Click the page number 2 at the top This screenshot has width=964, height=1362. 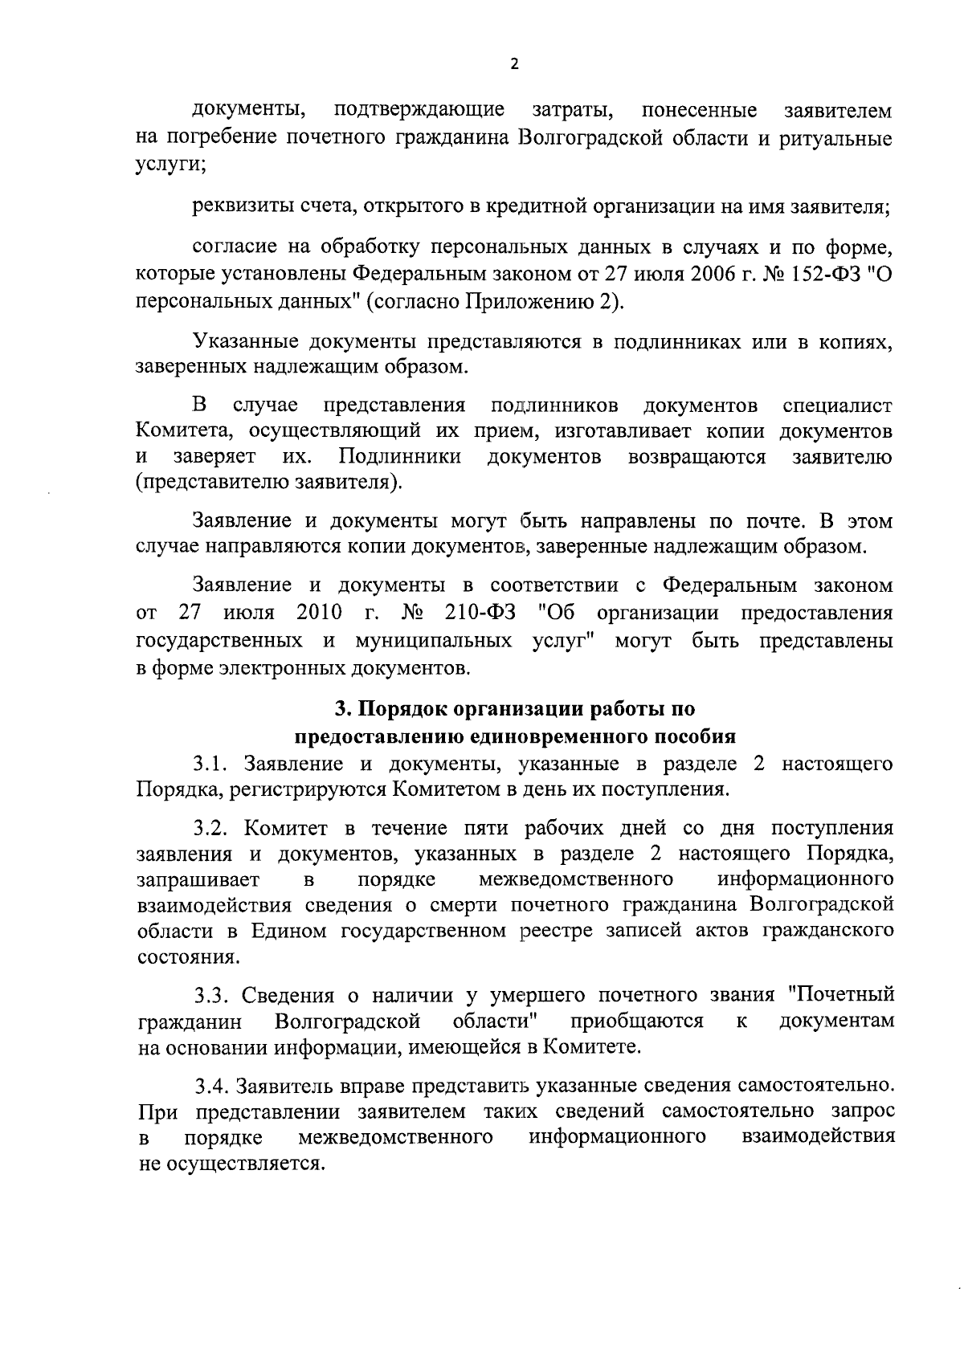point(515,65)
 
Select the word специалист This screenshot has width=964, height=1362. point(837,404)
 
